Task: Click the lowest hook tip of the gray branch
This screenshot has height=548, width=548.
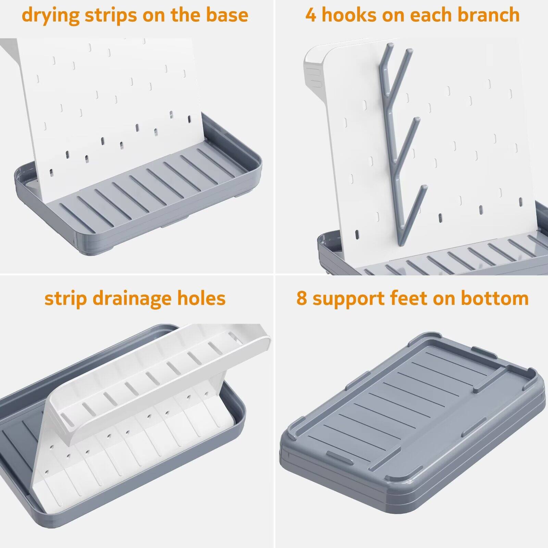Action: point(425,188)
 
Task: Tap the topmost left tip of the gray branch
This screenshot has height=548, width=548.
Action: point(390,46)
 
